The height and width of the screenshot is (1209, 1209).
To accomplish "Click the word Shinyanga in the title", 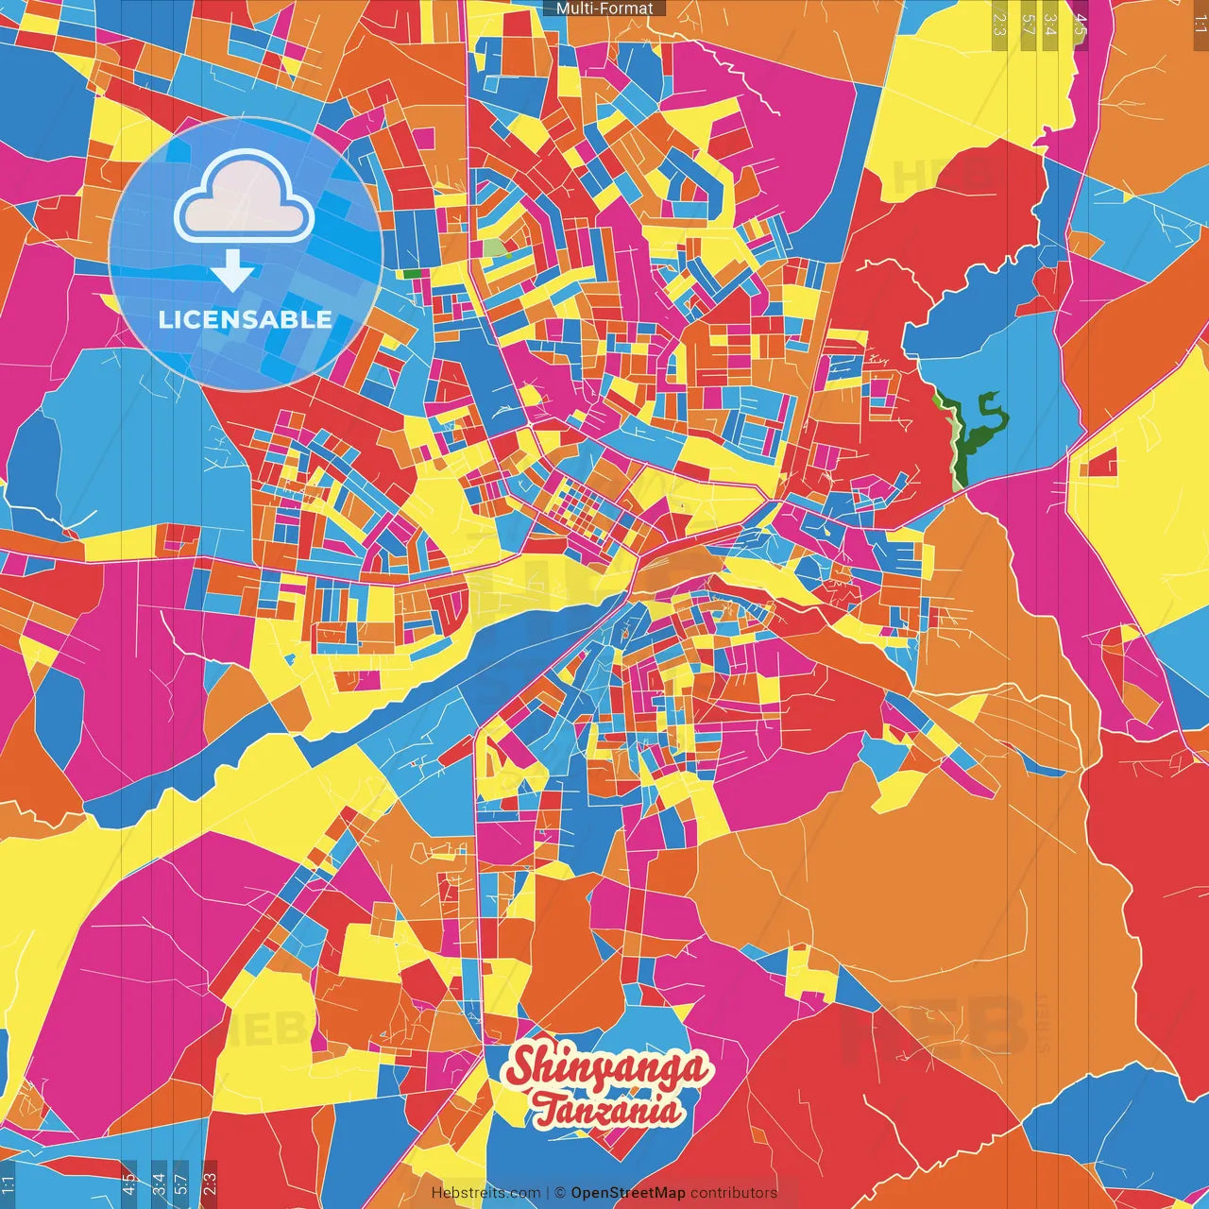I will click(606, 1068).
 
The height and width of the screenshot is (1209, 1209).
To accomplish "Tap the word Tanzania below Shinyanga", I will click(607, 1110).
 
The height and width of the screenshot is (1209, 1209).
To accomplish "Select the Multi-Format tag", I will click(604, 9).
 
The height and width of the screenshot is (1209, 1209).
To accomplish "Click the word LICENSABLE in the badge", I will click(246, 319).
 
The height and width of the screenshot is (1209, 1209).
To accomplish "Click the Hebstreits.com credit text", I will click(486, 1193).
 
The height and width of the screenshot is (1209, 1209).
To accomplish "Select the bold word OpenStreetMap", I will click(628, 1193).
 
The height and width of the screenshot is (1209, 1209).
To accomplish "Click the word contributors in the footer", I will click(734, 1193).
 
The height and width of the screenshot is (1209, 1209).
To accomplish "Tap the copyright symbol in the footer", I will click(560, 1193).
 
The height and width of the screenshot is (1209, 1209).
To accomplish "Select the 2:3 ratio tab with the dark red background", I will click(210, 1183).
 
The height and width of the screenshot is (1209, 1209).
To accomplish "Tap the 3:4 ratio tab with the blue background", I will click(158, 1183).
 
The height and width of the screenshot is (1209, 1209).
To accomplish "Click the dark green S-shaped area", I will click(982, 425).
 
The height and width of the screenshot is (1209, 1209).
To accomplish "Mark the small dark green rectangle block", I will click(412, 274).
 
